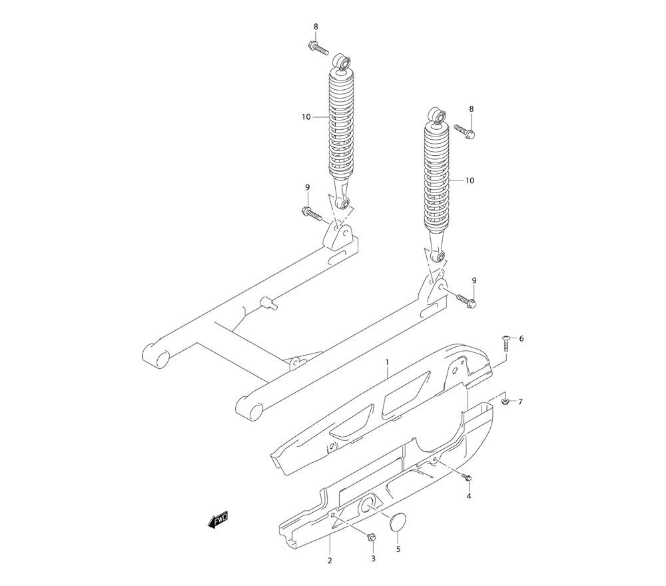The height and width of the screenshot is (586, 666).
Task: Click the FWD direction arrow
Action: [x=218, y=519]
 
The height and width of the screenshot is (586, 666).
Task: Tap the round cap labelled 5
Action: [x=398, y=522]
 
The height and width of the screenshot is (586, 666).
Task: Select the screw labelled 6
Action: [x=505, y=343]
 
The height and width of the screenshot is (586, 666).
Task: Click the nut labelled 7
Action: [x=505, y=402]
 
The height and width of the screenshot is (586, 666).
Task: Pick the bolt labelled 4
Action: [x=468, y=477]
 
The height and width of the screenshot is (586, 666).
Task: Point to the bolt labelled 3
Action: [x=371, y=537]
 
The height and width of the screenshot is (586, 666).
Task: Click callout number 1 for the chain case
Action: [x=387, y=362]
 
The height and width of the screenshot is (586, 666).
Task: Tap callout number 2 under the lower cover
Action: [x=330, y=561]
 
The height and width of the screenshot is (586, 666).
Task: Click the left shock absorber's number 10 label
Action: [x=306, y=117]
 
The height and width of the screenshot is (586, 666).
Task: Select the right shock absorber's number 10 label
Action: [x=470, y=180]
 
